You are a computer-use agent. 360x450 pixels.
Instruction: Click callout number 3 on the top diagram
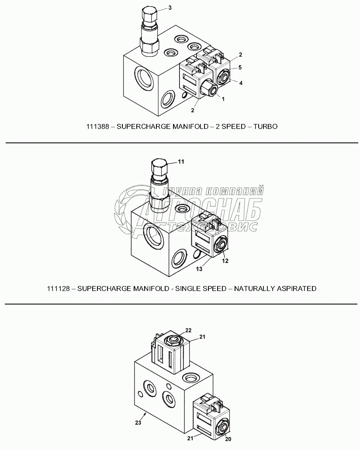tap(170, 7)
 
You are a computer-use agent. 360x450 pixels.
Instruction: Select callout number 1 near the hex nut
tap(223, 99)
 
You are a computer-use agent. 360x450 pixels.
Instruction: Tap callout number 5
tap(240, 67)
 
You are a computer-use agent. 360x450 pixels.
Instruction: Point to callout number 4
tap(241, 83)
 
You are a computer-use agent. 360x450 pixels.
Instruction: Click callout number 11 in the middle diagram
tap(181, 162)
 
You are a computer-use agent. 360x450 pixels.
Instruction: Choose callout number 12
tap(225, 260)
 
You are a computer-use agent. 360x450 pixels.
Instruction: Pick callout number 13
tap(199, 269)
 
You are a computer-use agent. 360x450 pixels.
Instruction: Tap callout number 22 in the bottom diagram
tap(188, 330)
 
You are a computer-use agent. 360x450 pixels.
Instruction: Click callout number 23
tap(138, 422)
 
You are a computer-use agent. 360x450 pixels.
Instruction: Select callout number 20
tap(228, 439)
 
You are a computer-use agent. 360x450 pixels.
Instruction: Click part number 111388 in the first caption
tap(97, 127)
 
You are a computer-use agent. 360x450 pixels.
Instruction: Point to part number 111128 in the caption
tap(58, 289)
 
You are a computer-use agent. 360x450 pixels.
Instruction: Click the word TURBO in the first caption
tap(266, 127)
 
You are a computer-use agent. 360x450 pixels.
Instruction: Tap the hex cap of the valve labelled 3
tap(149, 13)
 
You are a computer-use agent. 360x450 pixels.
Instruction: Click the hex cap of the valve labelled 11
tap(159, 168)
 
